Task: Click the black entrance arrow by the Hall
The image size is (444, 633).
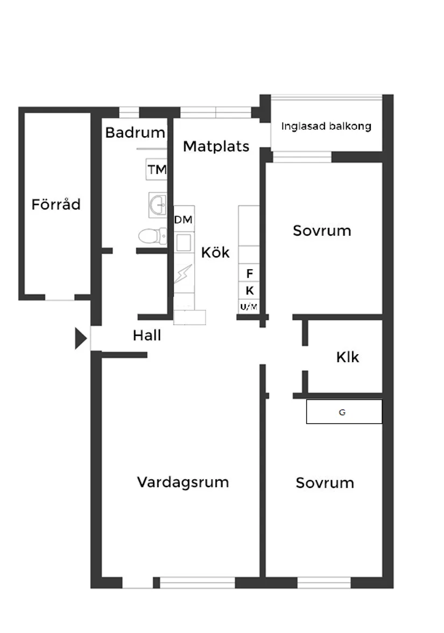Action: (80, 339)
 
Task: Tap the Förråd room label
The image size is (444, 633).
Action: (56, 205)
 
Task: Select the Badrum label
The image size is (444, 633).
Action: (135, 132)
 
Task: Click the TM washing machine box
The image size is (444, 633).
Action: (157, 170)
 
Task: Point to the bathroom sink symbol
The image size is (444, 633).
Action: (158, 205)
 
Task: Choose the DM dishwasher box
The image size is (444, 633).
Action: (184, 220)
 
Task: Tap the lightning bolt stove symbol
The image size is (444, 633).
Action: (184, 275)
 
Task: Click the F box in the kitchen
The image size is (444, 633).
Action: (249, 274)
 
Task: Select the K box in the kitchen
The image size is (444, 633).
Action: (249, 291)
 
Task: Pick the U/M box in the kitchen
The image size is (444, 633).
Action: (249, 306)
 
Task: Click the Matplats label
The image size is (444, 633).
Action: (216, 146)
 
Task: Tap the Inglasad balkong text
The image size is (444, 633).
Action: (326, 126)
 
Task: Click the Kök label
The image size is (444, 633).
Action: (215, 252)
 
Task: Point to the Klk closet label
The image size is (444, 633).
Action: (347, 357)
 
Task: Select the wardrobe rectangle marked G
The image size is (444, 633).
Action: (344, 412)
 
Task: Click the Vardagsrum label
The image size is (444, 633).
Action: (182, 482)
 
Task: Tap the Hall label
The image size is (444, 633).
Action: (147, 336)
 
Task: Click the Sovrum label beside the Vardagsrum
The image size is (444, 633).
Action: (325, 483)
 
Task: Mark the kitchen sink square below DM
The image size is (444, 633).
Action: (184, 243)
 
